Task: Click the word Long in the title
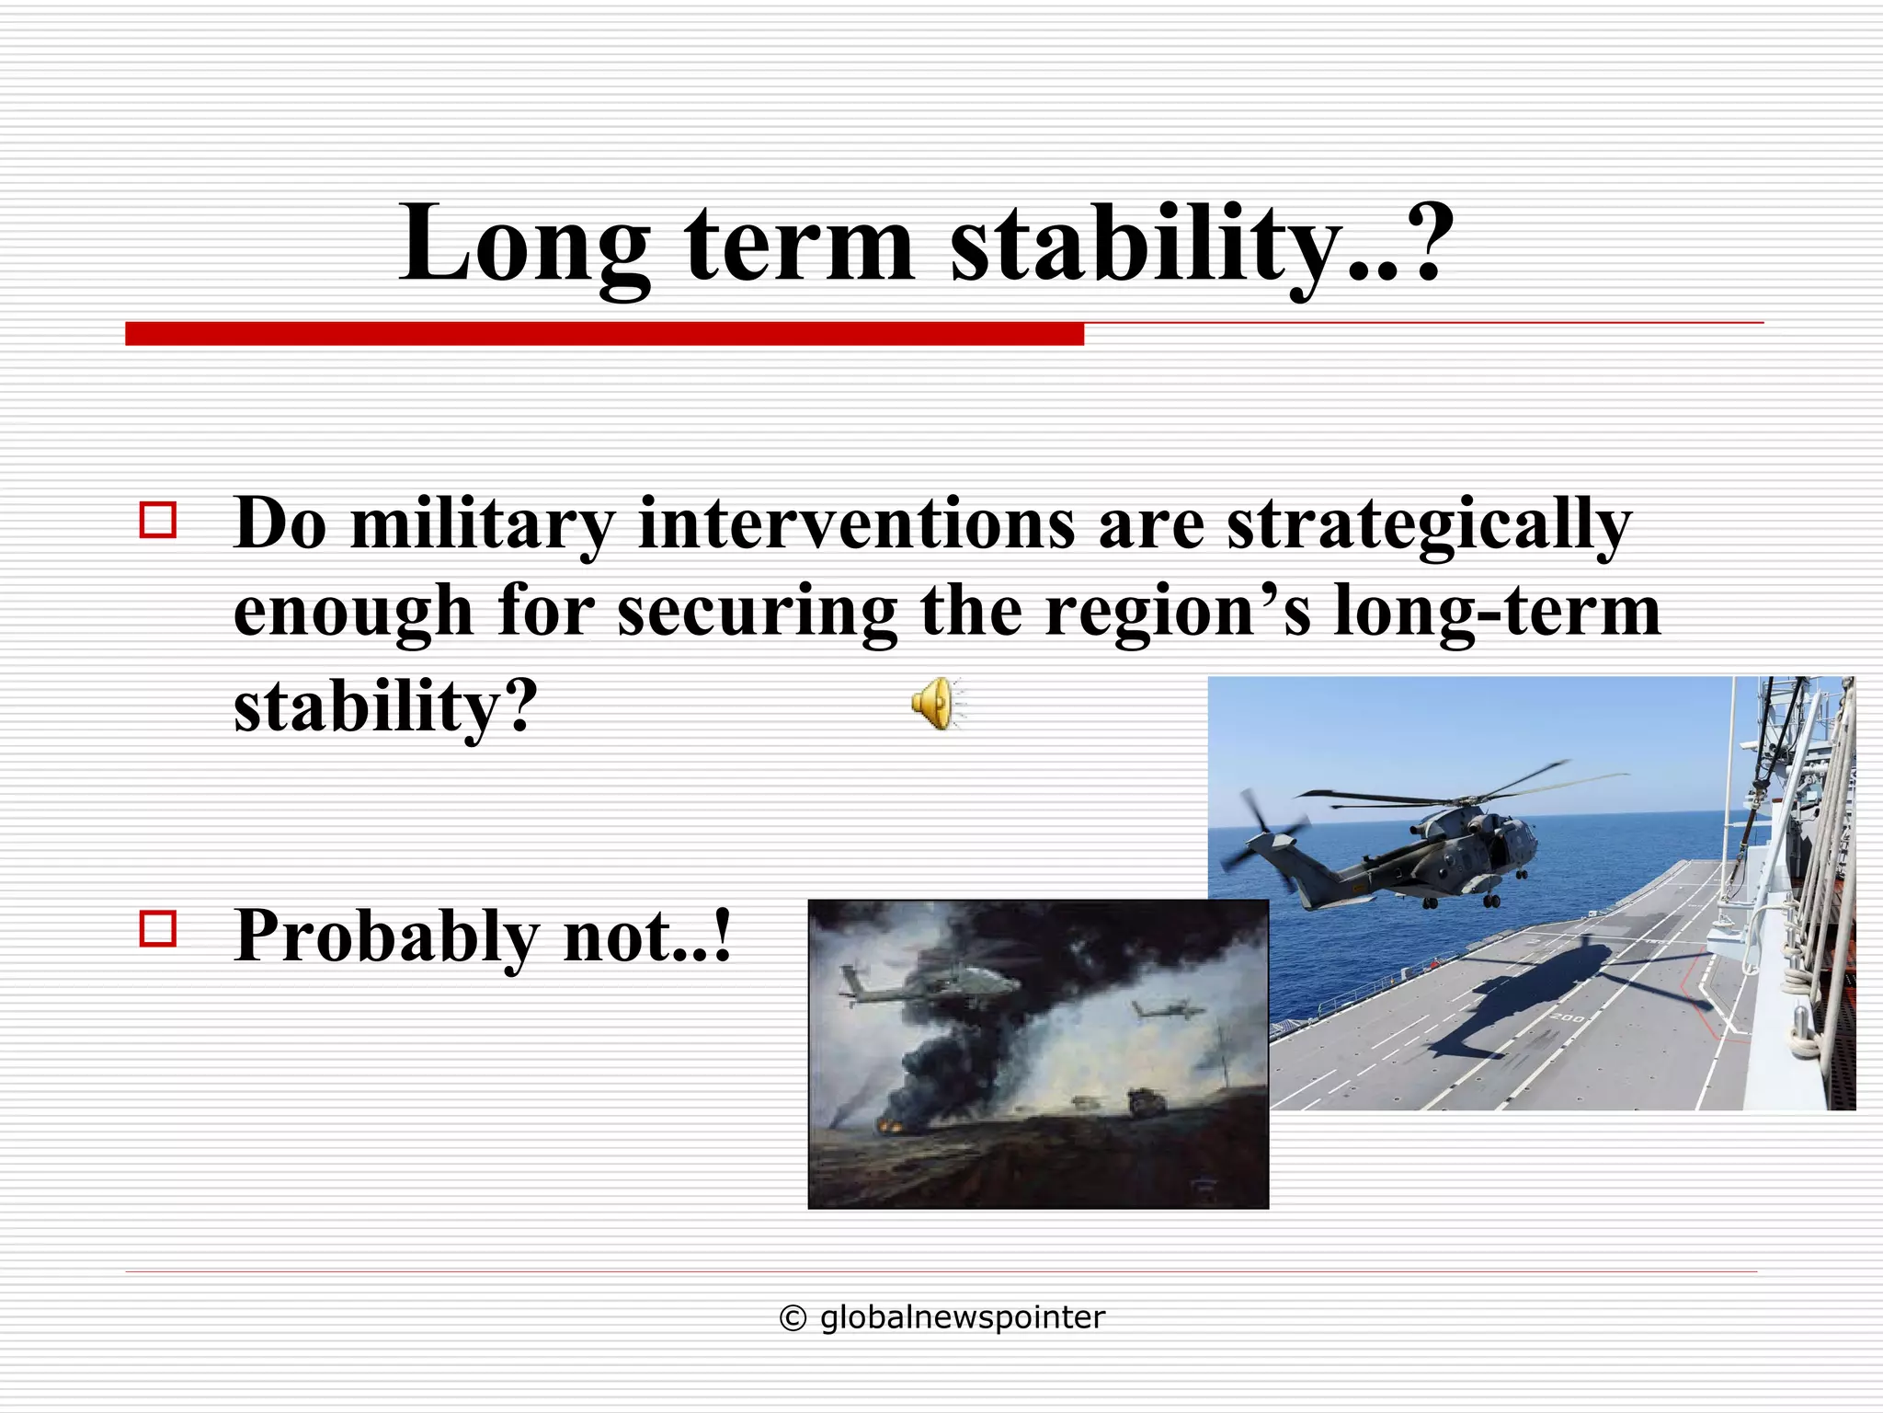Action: [524, 244]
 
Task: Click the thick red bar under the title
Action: [604, 334]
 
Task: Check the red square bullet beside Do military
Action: [157, 520]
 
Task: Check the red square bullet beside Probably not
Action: [157, 929]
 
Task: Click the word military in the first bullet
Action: [482, 524]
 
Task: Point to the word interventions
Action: [856, 524]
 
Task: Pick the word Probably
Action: [386, 936]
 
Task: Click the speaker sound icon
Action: [936, 704]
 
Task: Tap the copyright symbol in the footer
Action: [793, 1318]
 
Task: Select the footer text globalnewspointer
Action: [962, 1318]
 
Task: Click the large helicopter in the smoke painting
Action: [929, 984]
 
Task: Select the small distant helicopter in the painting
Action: [1166, 1010]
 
